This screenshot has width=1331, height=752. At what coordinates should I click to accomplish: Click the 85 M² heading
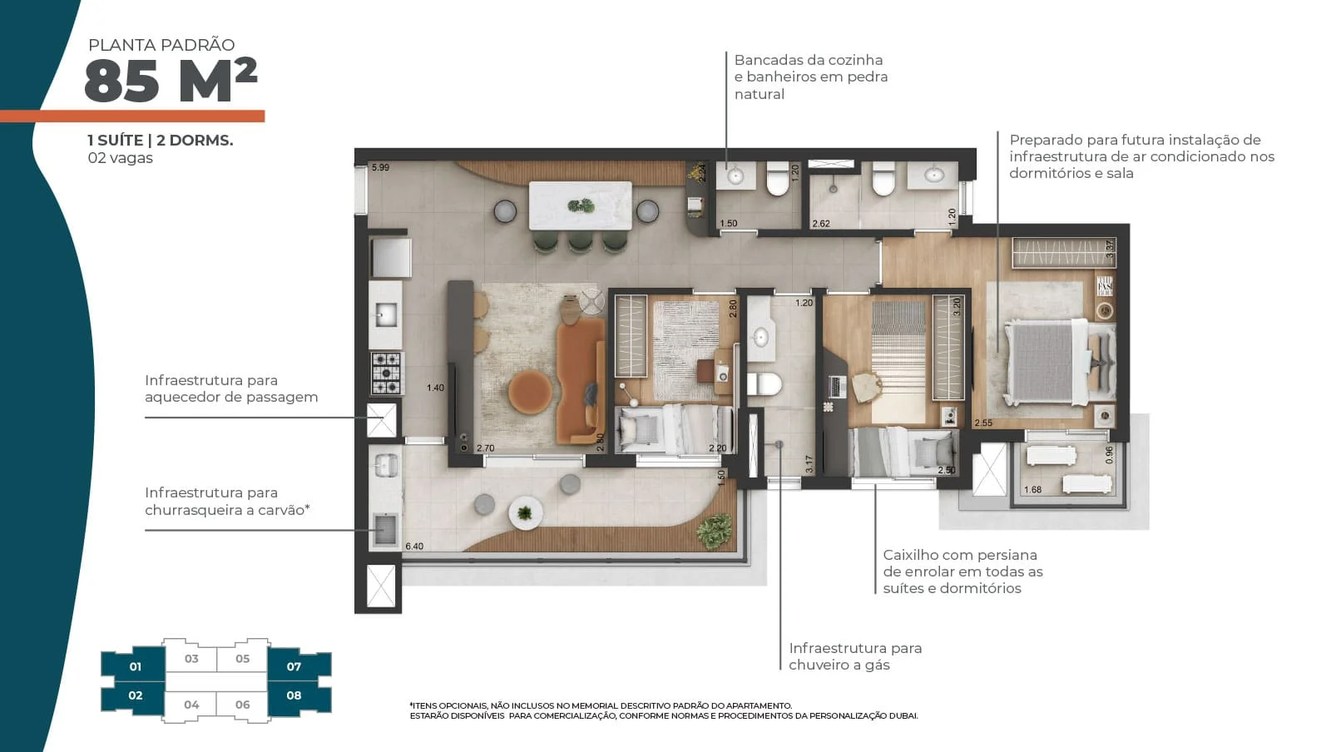[171, 81]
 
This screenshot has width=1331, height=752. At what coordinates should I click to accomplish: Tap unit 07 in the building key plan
[294, 666]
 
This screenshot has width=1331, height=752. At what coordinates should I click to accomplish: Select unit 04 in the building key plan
[191, 705]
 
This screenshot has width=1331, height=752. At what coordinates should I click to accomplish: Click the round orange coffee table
[530, 392]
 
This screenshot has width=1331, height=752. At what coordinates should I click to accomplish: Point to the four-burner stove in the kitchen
[386, 374]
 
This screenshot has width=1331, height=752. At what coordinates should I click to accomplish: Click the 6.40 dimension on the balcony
[414, 547]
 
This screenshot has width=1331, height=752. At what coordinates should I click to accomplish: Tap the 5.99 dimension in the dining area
[380, 167]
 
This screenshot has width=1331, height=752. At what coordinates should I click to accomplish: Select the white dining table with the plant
[580, 205]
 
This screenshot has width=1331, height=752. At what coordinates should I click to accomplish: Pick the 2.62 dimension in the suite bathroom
[820, 224]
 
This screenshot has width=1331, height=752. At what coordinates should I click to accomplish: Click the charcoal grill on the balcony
[385, 530]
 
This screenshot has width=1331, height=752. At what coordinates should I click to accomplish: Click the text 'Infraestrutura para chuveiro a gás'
[855, 656]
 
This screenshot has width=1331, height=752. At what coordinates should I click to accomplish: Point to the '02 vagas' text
[120, 158]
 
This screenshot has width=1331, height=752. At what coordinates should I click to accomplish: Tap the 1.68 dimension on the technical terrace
[1032, 490]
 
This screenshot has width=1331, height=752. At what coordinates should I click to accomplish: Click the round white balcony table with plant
[525, 512]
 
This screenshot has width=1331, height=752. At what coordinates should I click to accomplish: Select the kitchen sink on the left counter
[386, 314]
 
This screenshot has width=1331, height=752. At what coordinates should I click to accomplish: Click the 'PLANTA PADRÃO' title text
[161, 45]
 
